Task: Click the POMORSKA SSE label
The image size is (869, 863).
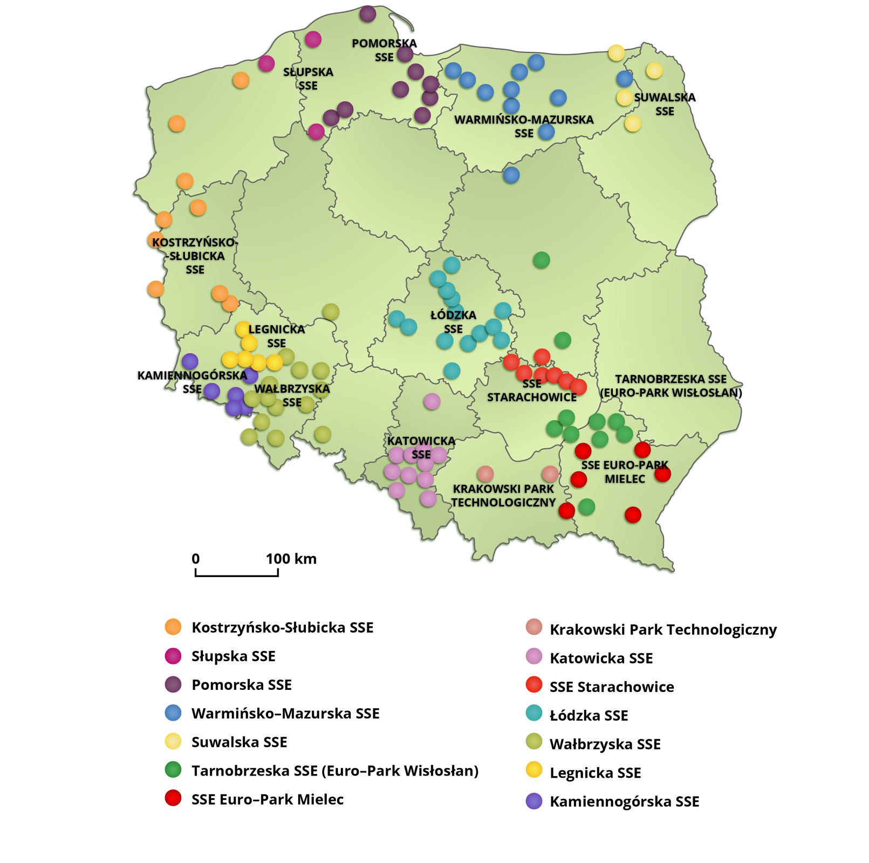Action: tap(384, 50)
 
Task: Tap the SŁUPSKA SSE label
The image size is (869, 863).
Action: tap(308, 79)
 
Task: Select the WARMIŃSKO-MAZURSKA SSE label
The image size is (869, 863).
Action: tap(524, 126)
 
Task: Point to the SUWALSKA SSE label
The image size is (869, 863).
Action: tap(665, 104)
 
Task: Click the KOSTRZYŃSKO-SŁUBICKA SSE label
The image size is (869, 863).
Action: tap(195, 256)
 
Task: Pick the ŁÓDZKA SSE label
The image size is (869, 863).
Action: tap(453, 321)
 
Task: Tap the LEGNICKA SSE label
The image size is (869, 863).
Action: tap(276, 336)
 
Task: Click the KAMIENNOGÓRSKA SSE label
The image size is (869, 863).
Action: tap(192, 382)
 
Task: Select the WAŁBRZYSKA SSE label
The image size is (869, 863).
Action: tap(292, 395)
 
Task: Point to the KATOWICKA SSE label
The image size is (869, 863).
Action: tap(421, 448)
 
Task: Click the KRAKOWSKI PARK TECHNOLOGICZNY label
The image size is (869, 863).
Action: tap(503, 495)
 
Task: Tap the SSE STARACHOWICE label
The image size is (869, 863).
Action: tap(532, 391)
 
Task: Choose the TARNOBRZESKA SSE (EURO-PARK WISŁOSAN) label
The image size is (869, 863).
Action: tap(671, 386)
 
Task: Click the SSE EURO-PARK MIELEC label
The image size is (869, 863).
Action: tap(625, 471)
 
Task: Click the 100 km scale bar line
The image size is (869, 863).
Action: tap(236, 575)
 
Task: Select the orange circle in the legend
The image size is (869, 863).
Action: tap(173, 627)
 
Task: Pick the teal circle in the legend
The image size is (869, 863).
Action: tap(534, 713)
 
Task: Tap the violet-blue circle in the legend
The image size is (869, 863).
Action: tap(534, 801)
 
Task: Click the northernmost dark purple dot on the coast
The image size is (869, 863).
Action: tap(367, 13)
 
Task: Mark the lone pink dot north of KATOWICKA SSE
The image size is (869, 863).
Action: tap(432, 401)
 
